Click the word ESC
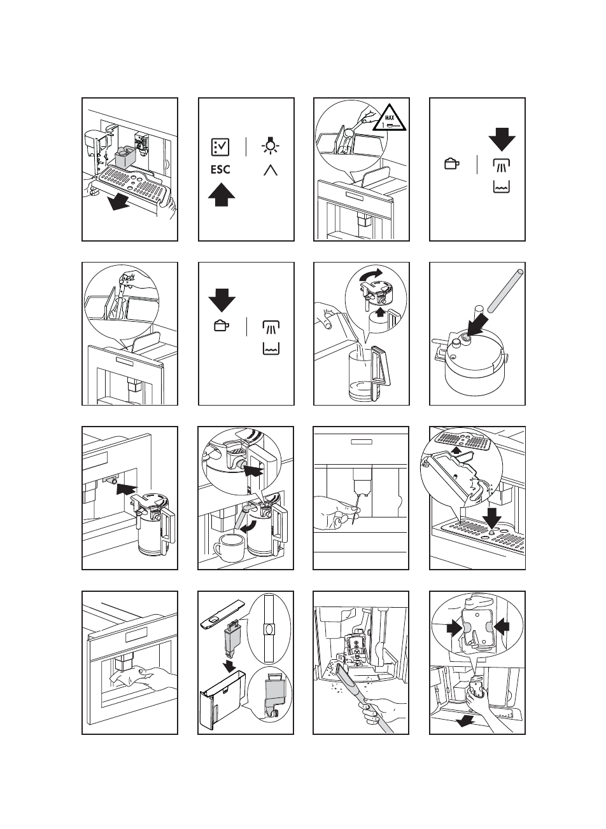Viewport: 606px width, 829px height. [220, 170]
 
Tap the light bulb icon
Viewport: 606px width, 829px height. [271, 146]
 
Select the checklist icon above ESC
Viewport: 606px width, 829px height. [220, 147]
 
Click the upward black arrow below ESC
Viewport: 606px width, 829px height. [222, 195]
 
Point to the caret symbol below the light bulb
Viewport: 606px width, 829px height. [271, 170]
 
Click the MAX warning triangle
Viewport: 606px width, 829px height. [389, 118]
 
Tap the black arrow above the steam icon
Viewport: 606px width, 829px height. [502, 139]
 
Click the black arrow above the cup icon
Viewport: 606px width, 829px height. [222, 300]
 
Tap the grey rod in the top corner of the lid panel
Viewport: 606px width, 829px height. [505, 291]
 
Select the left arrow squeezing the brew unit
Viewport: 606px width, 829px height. [454, 627]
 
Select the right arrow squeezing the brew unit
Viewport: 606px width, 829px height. [502, 627]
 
